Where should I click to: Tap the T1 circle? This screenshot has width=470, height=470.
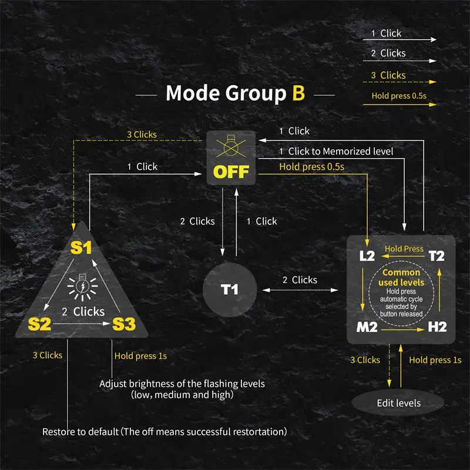tap(229, 289)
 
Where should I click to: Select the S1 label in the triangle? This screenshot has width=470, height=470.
tap(82, 247)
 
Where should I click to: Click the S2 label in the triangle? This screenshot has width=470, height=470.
tap(41, 324)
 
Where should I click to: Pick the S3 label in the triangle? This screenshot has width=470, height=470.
tap(123, 324)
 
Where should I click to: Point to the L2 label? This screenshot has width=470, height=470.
tap(367, 256)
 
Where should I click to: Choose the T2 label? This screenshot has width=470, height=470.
tap(437, 256)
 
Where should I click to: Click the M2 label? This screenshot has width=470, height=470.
tap(367, 327)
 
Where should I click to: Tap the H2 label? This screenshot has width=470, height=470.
tap(437, 327)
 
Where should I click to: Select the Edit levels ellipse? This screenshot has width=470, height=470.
tap(398, 403)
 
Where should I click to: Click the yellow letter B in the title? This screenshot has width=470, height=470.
tap(298, 93)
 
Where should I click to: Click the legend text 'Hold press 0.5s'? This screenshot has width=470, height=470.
tap(395, 96)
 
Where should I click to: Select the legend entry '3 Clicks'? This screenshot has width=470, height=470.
tap(388, 75)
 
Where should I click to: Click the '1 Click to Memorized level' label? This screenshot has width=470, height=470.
tap(336, 152)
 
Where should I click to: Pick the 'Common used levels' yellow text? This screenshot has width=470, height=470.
tap(401, 278)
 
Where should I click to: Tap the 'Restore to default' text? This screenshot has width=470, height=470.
tap(164, 432)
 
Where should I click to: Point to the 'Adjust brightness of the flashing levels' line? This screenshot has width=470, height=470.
tap(182, 384)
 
